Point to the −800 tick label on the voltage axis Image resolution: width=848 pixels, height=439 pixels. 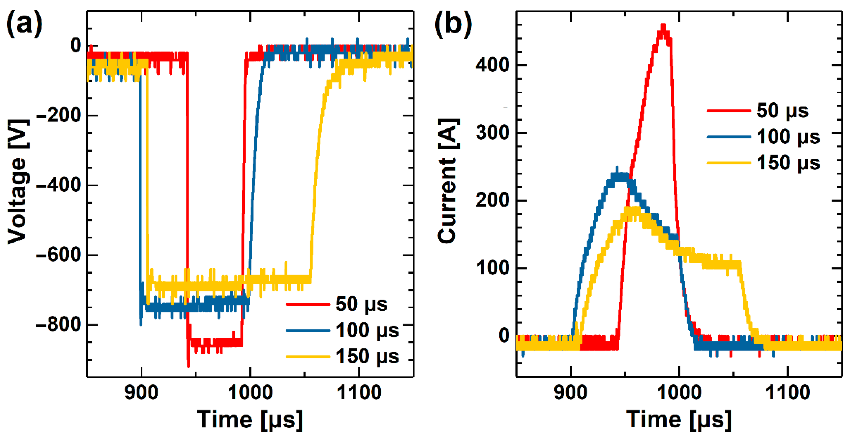point(59,325)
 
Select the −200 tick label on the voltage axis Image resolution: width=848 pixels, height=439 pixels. point(59,116)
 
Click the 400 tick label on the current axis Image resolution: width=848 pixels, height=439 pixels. point(492,65)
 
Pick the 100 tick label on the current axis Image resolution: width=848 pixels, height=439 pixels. point(492,268)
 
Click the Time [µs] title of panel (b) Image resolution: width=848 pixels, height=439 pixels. point(679,420)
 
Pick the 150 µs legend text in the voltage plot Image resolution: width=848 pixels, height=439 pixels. point(367,357)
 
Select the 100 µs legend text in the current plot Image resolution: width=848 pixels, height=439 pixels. point(788,137)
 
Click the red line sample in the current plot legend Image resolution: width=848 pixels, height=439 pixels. point(729,111)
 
